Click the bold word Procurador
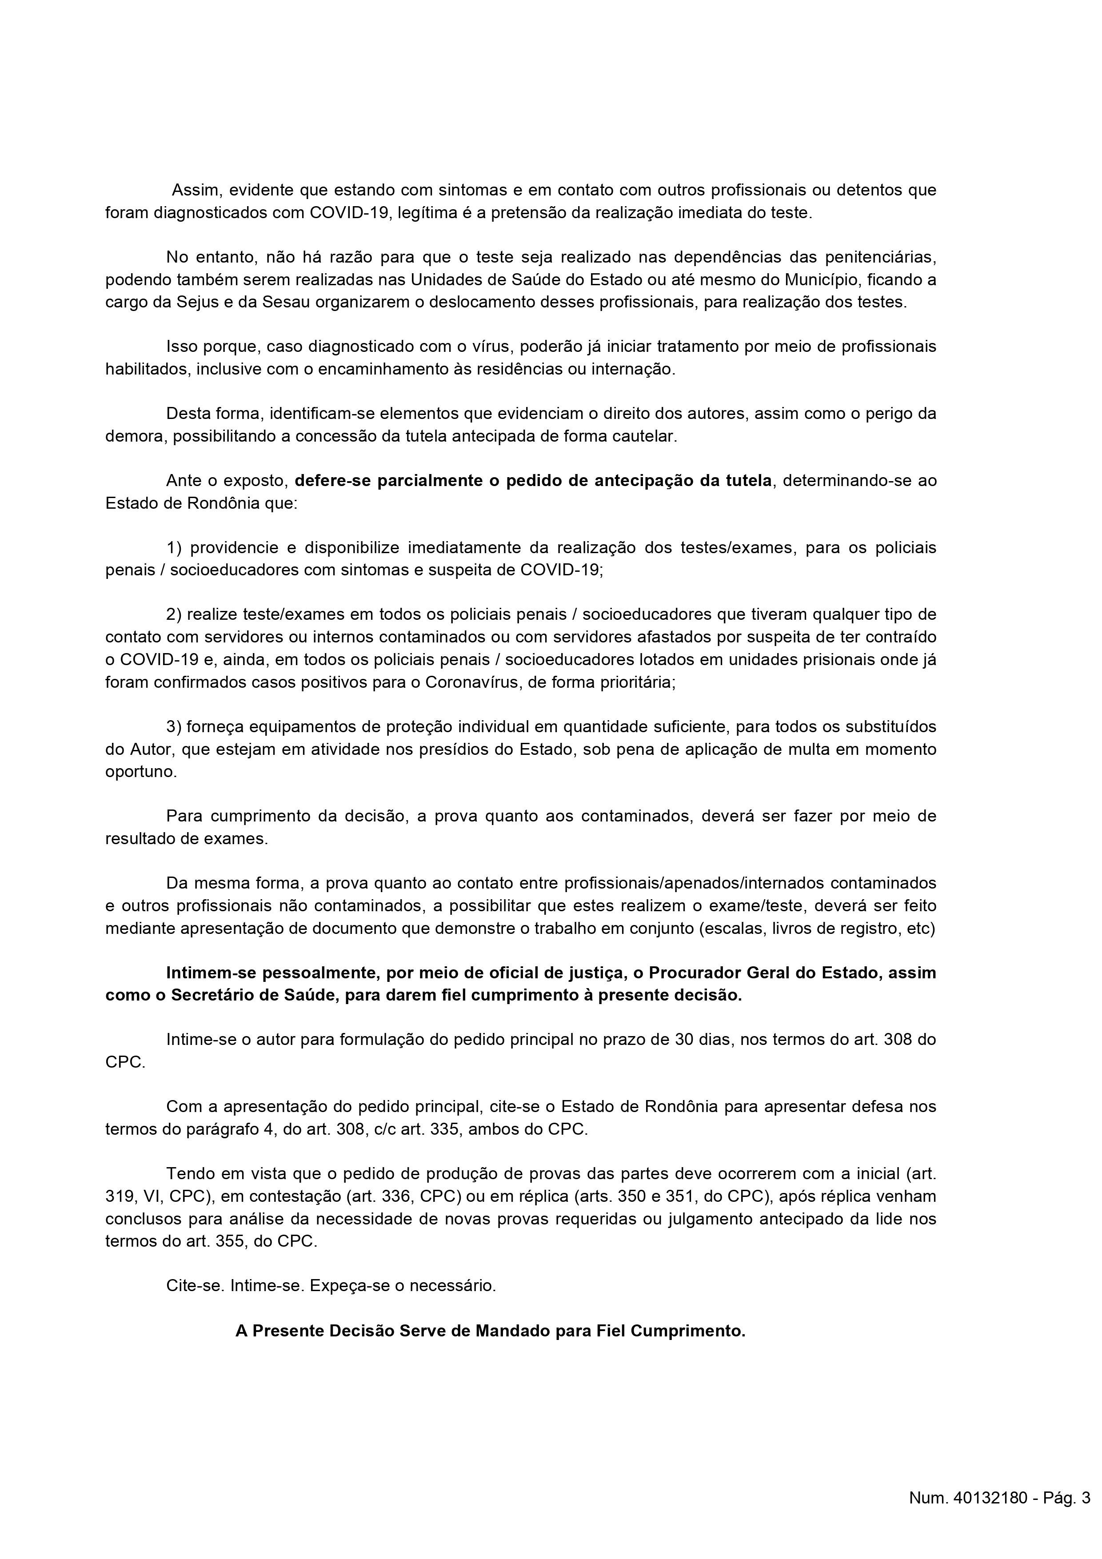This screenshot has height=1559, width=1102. [x=694, y=973]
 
